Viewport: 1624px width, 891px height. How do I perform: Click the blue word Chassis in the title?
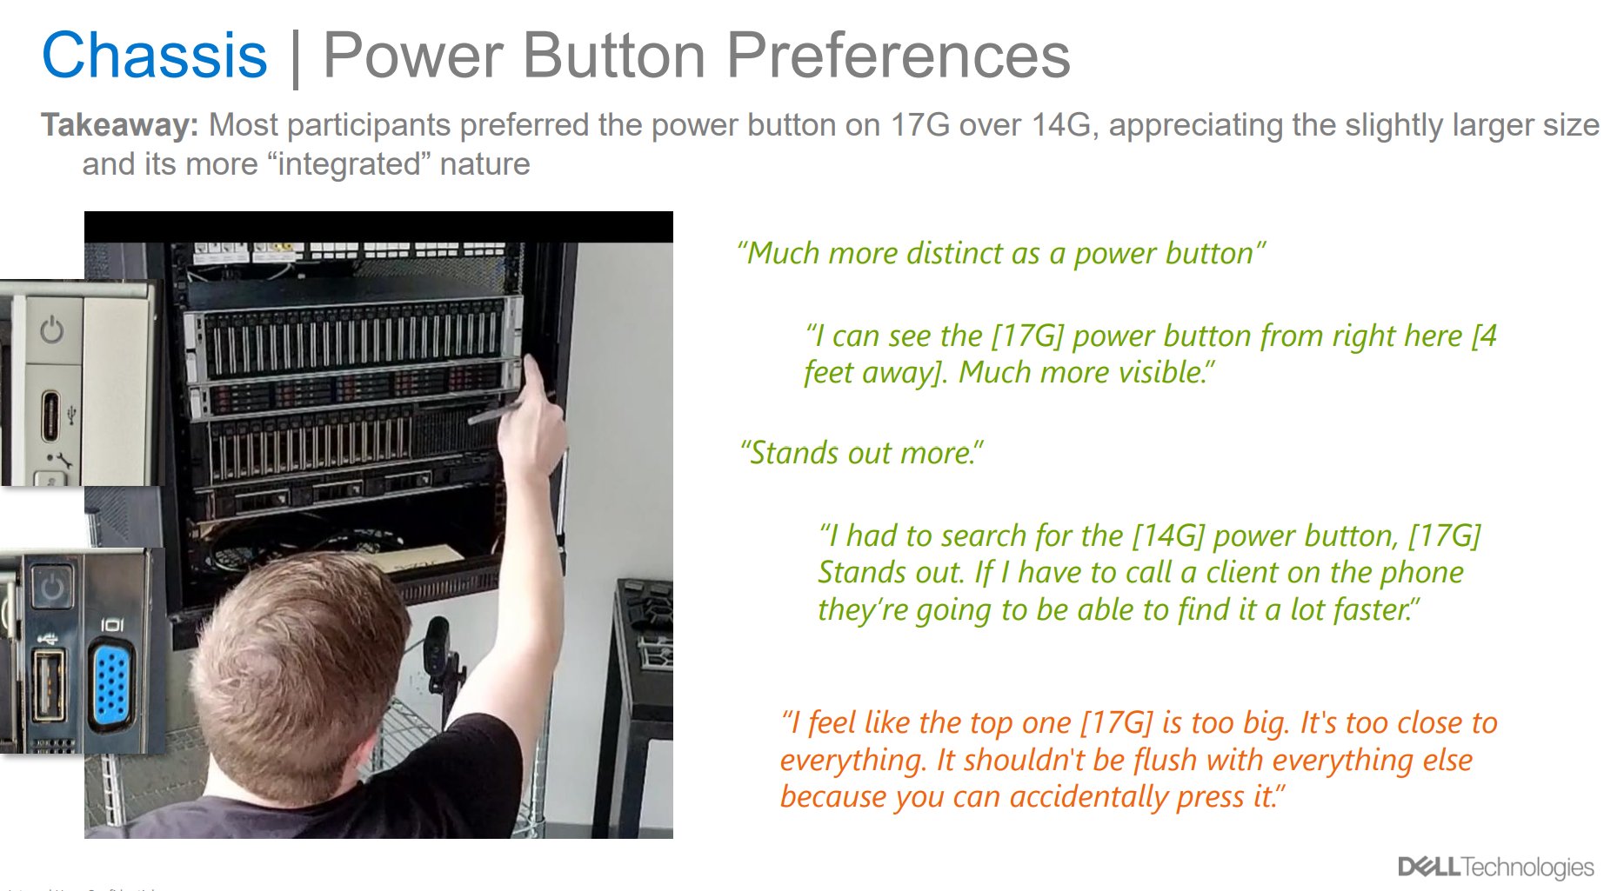(154, 56)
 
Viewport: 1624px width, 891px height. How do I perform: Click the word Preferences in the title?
(897, 56)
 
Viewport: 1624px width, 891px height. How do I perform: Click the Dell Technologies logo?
(1495, 867)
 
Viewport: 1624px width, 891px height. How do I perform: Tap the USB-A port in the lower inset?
(48, 686)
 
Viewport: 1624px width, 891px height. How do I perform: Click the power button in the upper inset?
(52, 330)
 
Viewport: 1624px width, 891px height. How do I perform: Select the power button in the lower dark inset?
(51, 587)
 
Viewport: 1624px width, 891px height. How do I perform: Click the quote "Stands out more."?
(861, 453)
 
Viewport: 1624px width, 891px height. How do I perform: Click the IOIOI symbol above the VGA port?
(112, 625)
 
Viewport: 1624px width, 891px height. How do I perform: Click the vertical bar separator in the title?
(296, 57)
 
